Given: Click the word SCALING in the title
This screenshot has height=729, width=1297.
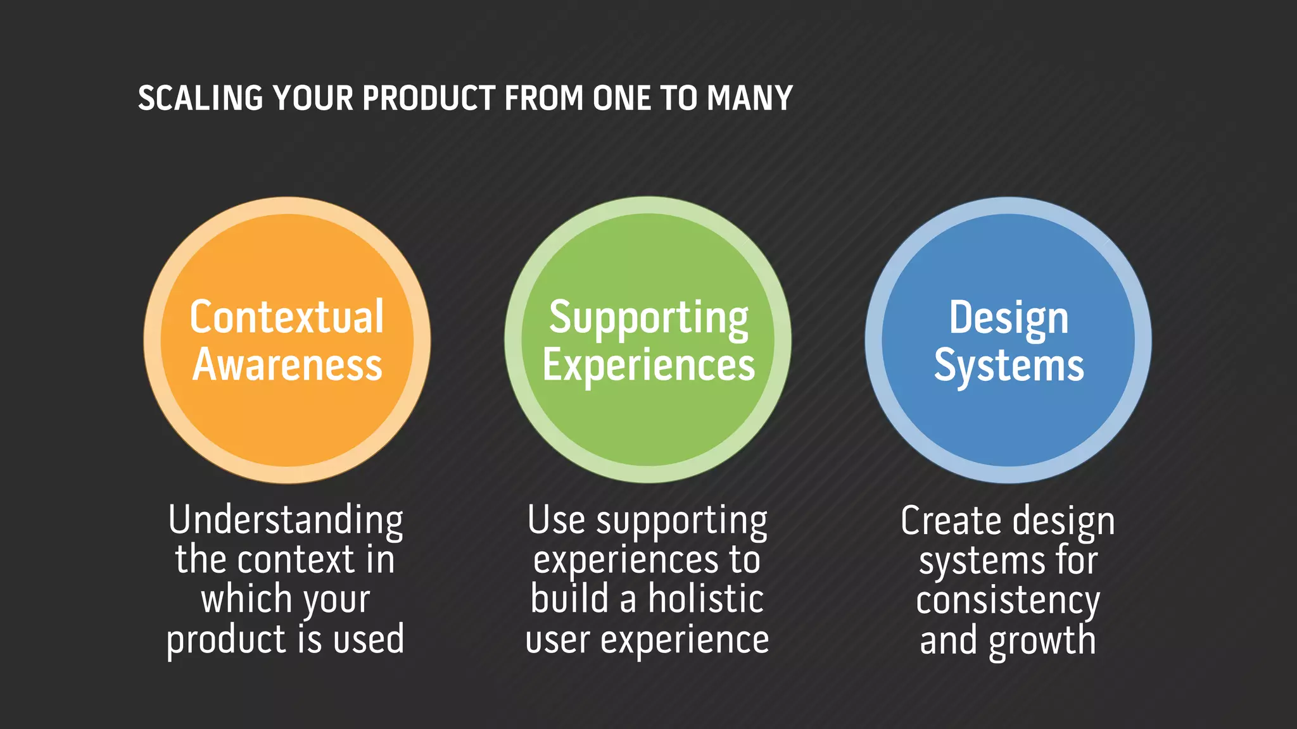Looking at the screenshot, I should (200, 99).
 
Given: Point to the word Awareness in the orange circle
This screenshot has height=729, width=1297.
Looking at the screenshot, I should (287, 365).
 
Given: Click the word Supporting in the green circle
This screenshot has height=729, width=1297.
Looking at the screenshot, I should (648, 318).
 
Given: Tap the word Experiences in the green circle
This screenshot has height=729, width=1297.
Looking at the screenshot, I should (648, 366).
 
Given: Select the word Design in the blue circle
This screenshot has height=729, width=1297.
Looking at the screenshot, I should (1008, 318).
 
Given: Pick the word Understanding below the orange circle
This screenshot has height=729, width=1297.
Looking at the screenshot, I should (286, 521).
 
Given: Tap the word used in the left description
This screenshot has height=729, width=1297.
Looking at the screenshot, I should (369, 639).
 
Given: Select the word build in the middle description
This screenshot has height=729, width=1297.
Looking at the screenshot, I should (569, 599).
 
